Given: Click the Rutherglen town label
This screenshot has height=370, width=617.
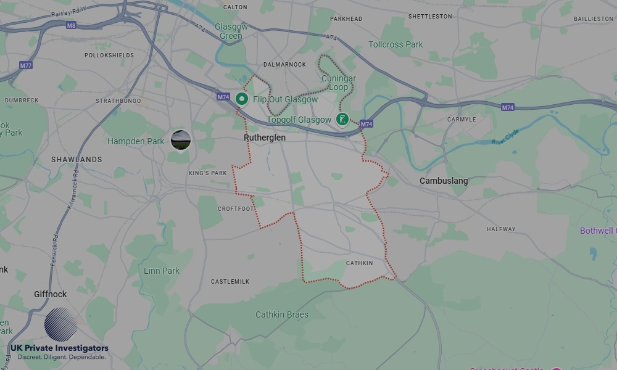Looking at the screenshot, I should [x=265, y=138].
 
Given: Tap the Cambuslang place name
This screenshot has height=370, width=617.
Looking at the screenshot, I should [x=444, y=181].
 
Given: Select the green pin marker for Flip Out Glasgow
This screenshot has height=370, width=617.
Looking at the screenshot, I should [x=242, y=99].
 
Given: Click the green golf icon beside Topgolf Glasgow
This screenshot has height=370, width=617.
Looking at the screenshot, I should [x=343, y=119].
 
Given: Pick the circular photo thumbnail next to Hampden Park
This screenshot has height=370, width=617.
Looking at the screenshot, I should [x=181, y=139].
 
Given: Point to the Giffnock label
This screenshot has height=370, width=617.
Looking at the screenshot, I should [x=50, y=294].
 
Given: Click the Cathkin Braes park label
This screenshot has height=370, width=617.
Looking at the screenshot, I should [x=282, y=314].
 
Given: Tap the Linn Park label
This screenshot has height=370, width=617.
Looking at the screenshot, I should [x=162, y=271].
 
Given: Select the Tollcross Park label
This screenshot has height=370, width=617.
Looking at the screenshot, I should [x=395, y=44].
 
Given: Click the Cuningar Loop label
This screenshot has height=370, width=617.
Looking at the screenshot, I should [x=334, y=83].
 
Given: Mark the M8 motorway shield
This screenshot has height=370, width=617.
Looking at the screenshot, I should [x=72, y=25].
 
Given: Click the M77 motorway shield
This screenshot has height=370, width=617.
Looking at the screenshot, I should [x=25, y=65].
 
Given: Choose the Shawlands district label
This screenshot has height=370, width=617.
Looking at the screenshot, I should [x=77, y=160].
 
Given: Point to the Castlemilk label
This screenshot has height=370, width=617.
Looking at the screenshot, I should [x=230, y=281].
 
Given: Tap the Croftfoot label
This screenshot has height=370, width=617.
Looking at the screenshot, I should [x=236, y=209].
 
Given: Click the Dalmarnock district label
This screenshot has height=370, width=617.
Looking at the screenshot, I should [x=284, y=64].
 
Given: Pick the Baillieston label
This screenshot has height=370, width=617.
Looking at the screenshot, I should [x=594, y=19].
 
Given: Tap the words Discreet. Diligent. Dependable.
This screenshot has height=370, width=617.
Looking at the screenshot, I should [x=61, y=357].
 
